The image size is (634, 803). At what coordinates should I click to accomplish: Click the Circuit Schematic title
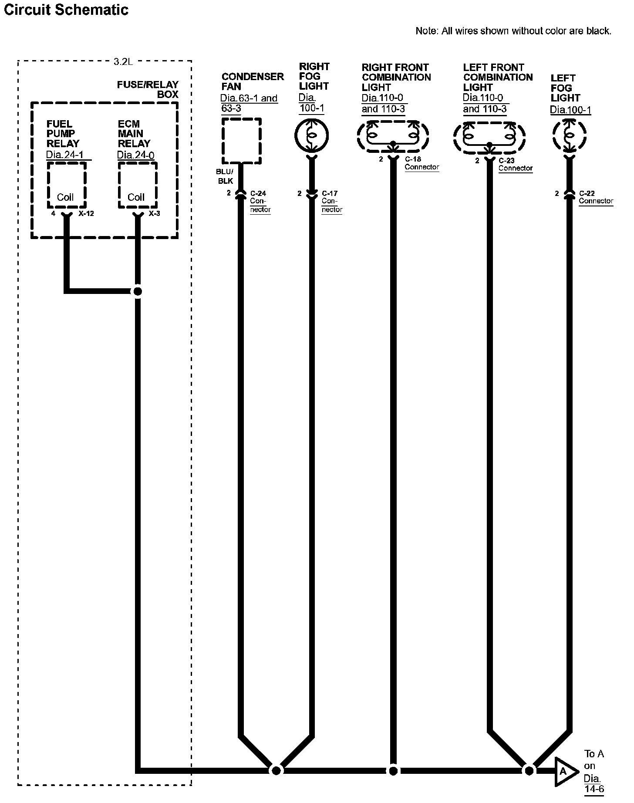tap(66, 10)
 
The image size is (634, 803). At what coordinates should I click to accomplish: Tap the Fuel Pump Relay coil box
tap(66, 185)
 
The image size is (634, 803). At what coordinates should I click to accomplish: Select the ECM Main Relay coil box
tap(137, 185)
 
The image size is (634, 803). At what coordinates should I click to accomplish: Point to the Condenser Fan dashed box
tap(241, 140)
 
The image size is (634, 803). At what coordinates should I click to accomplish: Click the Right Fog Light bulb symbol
tap(311, 136)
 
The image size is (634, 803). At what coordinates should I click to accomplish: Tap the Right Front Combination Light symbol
tap(393, 136)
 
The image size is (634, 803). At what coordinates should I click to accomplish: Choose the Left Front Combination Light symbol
tap(489, 137)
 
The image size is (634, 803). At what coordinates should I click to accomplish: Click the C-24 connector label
tap(258, 193)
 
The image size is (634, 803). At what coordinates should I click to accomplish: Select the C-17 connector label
tap(330, 193)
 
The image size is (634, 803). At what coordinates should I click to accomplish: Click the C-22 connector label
tap(587, 193)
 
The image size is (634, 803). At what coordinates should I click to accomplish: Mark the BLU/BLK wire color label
tap(225, 176)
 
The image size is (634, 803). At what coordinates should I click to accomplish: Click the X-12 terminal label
tap(86, 214)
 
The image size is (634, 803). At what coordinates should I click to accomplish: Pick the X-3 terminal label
tap(154, 214)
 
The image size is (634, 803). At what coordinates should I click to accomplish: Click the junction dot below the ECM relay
tap(138, 291)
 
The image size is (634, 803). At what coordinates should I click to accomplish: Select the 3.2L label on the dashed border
tap(123, 62)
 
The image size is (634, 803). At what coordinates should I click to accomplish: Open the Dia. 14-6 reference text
tap(593, 783)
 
